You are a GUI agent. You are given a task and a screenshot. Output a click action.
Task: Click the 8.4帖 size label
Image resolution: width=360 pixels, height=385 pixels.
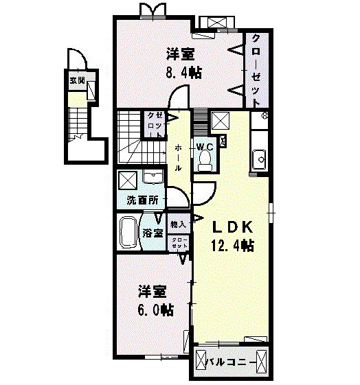coord(183,73)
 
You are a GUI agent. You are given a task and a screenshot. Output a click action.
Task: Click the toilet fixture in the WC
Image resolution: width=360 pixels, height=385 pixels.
coord(204,160)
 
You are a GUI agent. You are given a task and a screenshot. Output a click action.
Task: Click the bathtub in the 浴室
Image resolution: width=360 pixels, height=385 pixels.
coord(129,233)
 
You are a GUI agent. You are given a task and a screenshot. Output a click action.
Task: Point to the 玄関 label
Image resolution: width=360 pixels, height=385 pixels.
coord(77,80)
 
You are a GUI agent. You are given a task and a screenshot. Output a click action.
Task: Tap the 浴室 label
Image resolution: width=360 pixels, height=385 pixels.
coord(153,233)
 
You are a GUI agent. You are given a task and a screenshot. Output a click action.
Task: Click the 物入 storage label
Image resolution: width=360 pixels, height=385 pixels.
coord(179,225)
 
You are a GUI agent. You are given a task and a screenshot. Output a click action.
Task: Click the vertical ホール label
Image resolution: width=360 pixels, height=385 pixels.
coord(178,157)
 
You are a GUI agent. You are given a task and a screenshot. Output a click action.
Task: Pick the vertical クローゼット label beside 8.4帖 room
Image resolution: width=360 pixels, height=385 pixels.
coord(256,69)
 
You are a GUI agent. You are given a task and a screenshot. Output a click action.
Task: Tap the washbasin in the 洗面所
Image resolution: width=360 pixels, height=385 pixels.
coord(151,179)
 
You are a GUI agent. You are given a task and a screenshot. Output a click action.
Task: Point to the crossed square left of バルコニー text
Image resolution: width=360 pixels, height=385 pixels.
coord(202,360)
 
